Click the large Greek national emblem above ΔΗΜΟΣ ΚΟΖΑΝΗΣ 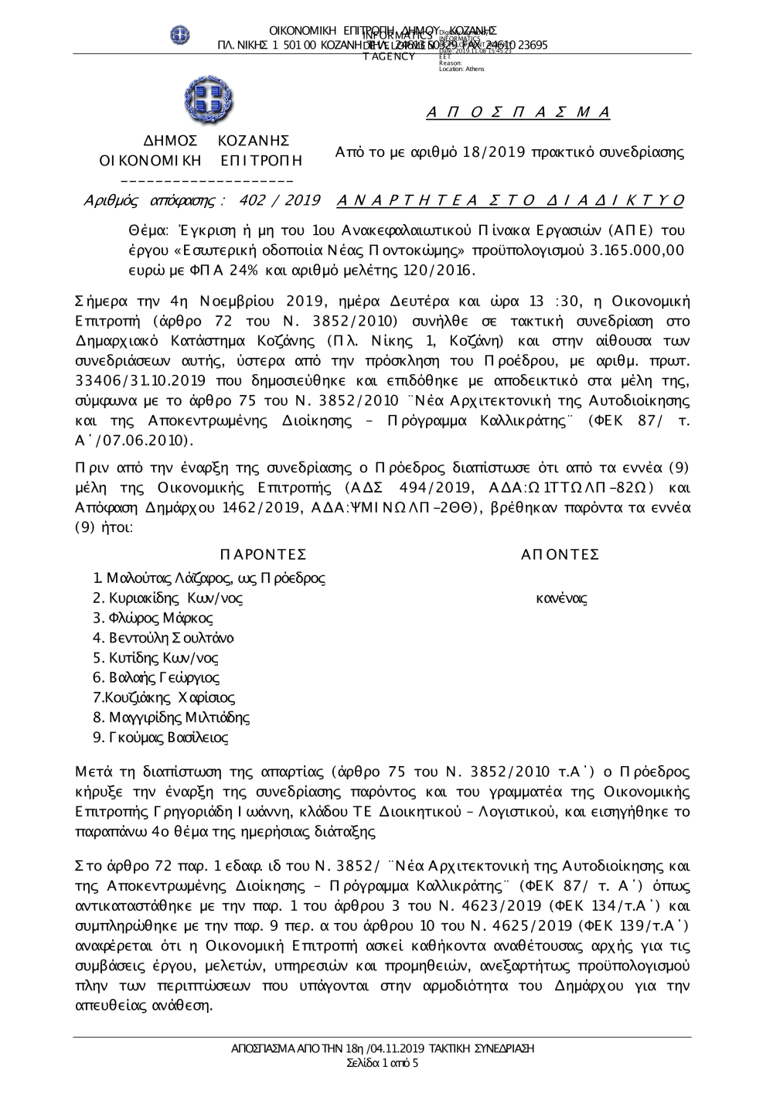tap(208, 101)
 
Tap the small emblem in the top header tap(180, 34)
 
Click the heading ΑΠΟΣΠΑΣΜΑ tap(519, 113)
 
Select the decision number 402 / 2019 tap(280, 201)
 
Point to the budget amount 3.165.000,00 tap(635, 250)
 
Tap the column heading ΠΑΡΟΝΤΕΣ tap(263, 554)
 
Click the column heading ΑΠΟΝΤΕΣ tap(560, 554)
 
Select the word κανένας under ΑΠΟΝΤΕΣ tap(561, 598)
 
